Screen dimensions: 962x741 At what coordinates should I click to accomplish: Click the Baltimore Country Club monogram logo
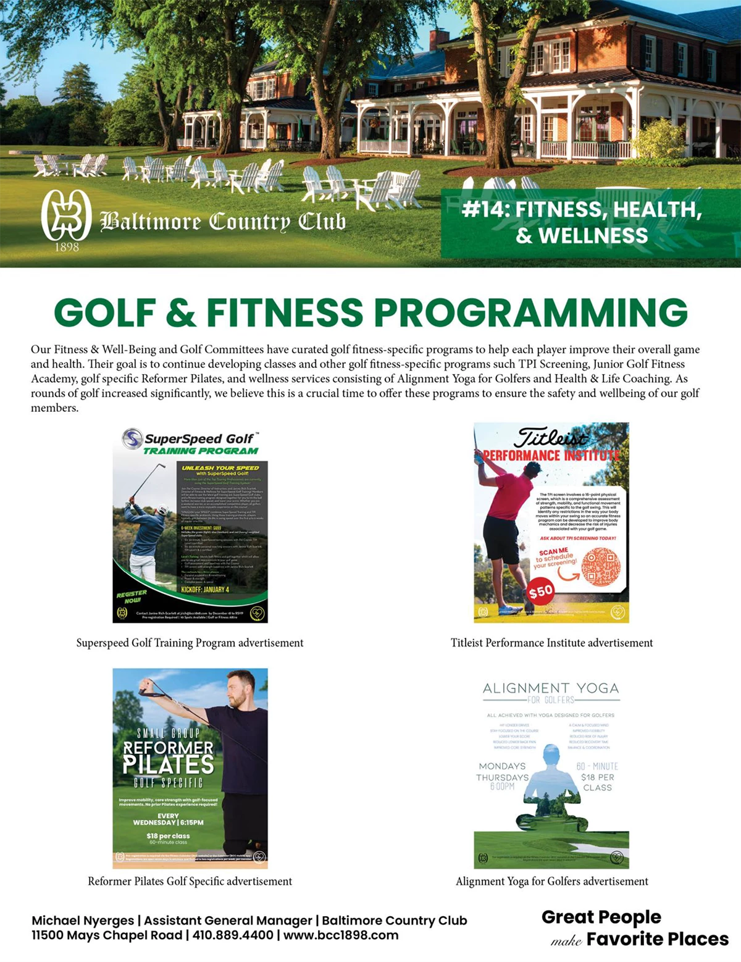(x=66, y=215)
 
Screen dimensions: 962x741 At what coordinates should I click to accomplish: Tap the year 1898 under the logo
(x=67, y=248)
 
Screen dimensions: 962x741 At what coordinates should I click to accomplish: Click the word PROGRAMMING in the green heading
(x=530, y=312)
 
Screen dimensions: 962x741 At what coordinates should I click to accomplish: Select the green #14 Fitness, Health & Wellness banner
(x=590, y=223)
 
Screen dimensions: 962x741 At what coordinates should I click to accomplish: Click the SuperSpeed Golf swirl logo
(x=132, y=438)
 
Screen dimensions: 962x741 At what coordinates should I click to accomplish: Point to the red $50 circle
(x=540, y=592)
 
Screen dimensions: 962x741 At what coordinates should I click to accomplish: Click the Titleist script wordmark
(x=551, y=437)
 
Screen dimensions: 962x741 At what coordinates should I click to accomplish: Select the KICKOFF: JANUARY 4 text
(x=205, y=590)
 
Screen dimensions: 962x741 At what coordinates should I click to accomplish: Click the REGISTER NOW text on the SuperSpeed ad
(x=132, y=596)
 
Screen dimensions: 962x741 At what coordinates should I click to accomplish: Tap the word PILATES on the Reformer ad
(x=168, y=765)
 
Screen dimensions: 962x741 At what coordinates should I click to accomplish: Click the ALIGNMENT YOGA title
(x=551, y=688)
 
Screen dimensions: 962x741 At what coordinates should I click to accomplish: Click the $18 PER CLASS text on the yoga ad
(x=597, y=782)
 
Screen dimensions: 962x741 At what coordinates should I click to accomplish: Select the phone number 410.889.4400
(x=233, y=935)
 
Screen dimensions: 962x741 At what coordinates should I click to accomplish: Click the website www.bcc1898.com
(x=341, y=935)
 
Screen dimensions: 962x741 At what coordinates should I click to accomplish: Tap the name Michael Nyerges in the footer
(x=83, y=920)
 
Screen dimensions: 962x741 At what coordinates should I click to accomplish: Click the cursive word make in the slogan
(x=566, y=941)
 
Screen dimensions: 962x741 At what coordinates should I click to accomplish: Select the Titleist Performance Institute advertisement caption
(x=551, y=643)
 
